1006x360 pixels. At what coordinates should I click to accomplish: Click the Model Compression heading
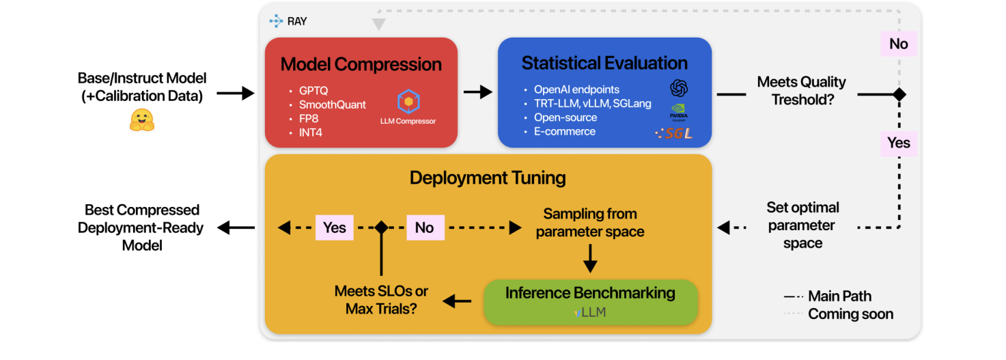[361, 64]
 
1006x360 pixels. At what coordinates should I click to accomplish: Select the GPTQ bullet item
[313, 91]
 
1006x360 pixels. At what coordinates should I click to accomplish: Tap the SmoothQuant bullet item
[332, 105]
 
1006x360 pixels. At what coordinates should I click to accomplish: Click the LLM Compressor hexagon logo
[408, 102]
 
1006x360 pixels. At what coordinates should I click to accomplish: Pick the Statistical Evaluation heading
[604, 63]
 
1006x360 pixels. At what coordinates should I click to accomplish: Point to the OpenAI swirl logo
[678, 88]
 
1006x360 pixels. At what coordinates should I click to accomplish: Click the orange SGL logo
[674, 134]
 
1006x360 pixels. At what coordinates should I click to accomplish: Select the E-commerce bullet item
[564, 131]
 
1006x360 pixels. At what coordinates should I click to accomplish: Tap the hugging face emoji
[142, 120]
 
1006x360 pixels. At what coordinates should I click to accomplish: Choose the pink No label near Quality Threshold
[898, 44]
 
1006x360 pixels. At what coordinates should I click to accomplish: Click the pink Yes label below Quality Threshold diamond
[898, 142]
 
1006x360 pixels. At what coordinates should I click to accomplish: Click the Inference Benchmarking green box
[590, 301]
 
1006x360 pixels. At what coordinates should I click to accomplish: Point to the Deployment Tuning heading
[488, 178]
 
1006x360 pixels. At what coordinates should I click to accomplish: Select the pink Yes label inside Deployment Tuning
[334, 227]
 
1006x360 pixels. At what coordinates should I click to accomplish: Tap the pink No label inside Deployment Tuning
[424, 227]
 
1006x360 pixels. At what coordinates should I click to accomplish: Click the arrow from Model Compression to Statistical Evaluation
[477, 92]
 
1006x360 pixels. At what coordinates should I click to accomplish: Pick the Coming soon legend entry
[850, 314]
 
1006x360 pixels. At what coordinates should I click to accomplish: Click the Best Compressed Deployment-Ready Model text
[141, 227]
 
